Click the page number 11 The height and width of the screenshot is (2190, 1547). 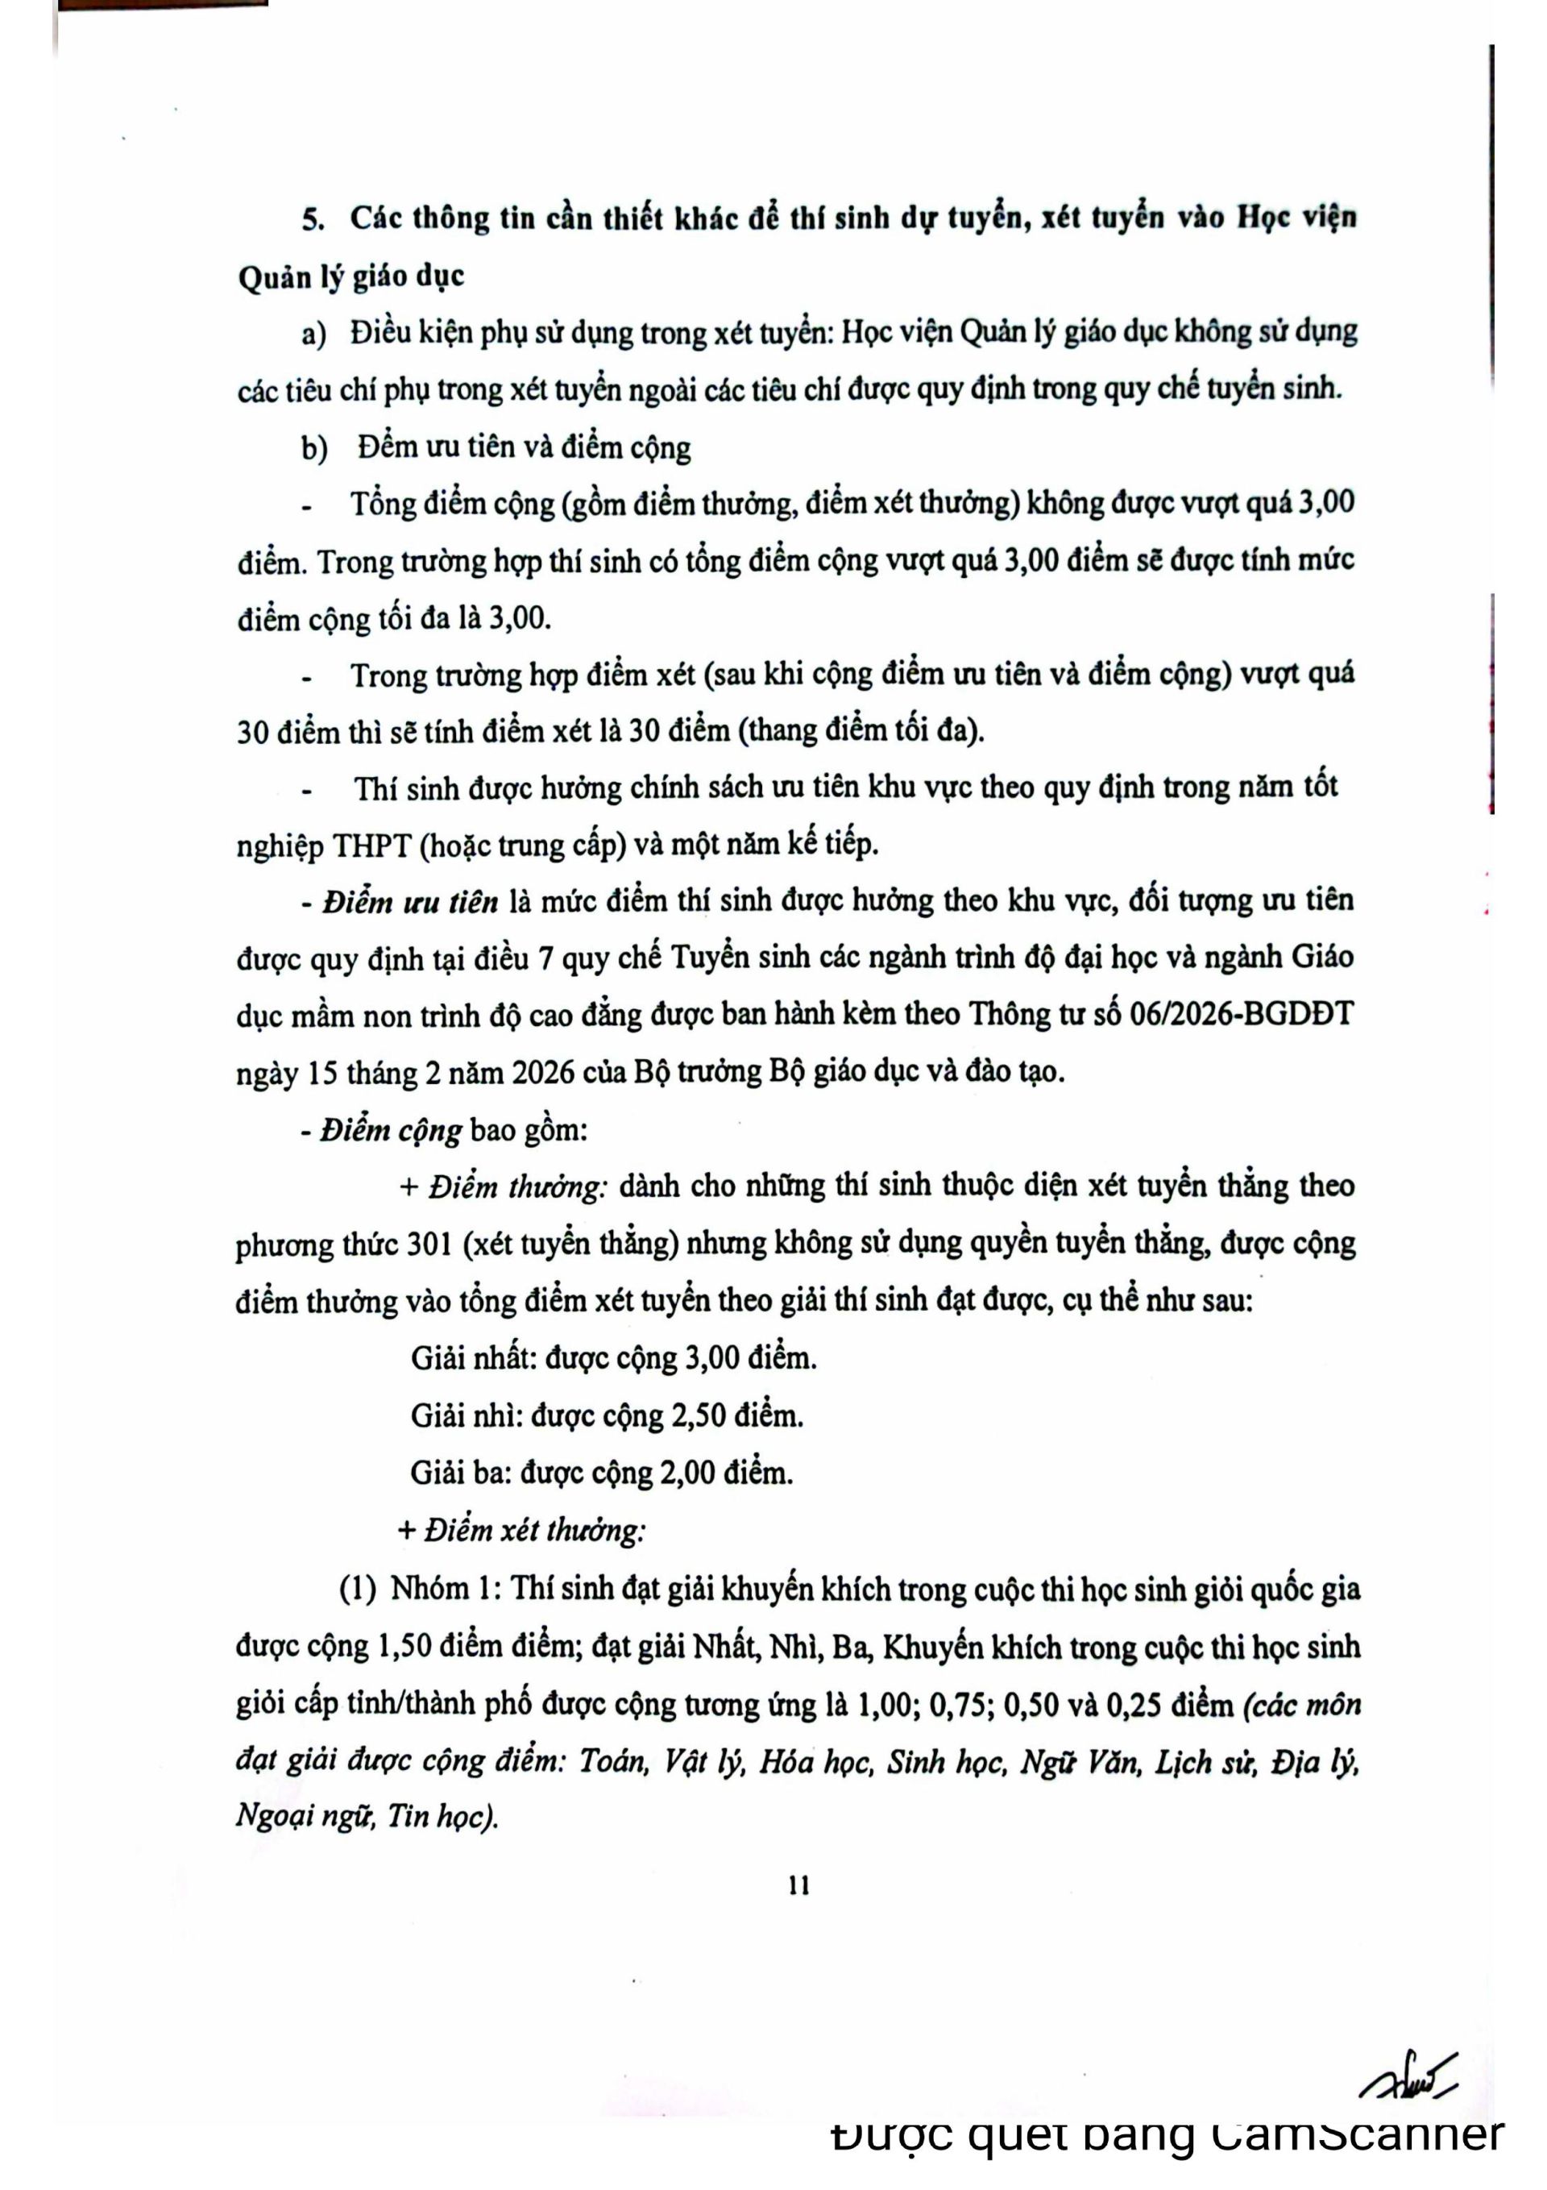799,1886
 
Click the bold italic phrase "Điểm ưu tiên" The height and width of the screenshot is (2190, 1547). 410,901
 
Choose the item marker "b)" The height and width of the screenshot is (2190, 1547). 315,448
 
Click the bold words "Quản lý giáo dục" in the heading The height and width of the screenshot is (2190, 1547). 351,277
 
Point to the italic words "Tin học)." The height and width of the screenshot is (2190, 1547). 442,1818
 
